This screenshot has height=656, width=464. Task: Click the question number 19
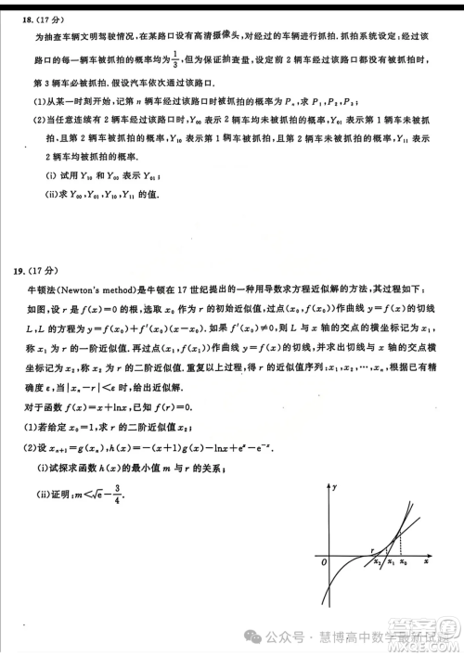coord(20,271)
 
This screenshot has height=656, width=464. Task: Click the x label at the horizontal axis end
coord(425,562)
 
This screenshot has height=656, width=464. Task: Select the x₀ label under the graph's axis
coord(403,562)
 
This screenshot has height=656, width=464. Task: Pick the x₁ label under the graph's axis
coord(390,562)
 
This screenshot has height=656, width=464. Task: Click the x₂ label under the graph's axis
coord(377,562)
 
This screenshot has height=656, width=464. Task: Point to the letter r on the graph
coord(371,549)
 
